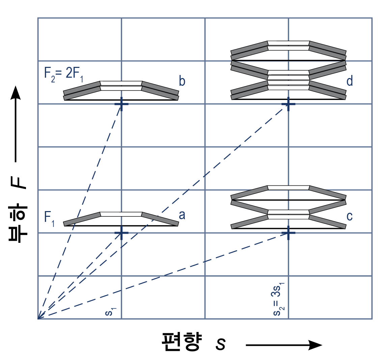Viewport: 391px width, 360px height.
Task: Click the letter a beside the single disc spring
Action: coord(182,215)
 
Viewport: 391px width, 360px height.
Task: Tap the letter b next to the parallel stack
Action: coord(182,81)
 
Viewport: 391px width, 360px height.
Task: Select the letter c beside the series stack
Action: coord(350,216)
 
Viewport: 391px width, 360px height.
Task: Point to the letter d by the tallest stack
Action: coord(350,81)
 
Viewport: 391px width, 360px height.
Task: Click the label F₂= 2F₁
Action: coord(63,74)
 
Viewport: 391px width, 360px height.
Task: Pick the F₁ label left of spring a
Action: coord(49,218)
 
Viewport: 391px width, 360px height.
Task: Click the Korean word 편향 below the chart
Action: coord(181,342)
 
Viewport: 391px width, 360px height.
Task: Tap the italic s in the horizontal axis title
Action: coord(221,344)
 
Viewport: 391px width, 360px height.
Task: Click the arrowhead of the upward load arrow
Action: coord(16,93)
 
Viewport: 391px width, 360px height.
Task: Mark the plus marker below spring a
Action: coord(121,233)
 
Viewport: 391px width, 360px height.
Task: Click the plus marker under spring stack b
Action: coord(121,104)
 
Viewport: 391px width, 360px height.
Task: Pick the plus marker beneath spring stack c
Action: coord(288,233)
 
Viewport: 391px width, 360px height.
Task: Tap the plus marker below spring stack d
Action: coord(288,104)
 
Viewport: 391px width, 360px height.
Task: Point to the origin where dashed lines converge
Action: coord(38,319)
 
